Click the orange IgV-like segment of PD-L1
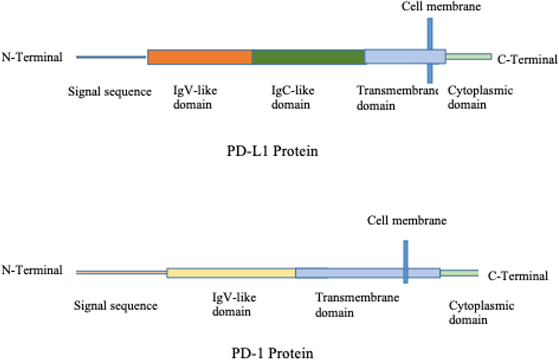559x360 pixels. click(x=200, y=57)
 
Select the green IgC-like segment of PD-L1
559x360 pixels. click(x=308, y=57)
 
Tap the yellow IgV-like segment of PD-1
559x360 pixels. click(x=231, y=273)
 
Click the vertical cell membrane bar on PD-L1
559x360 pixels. click(x=430, y=32)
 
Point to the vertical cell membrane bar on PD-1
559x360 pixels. click(x=405, y=252)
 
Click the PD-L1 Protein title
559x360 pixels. click(x=272, y=151)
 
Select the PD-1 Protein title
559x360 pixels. click(x=272, y=353)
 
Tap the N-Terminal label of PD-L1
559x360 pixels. click(x=32, y=57)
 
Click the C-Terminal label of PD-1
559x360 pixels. click(x=518, y=276)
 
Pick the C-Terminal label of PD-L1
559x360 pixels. click(x=527, y=60)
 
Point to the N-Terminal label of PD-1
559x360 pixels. click(x=32, y=270)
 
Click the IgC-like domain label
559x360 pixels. click(x=292, y=97)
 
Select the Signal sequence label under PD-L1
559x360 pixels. click(x=110, y=91)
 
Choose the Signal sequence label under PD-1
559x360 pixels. click(x=116, y=306)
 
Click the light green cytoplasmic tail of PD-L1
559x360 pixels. click(x=469, y=57)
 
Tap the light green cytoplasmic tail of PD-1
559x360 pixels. click(x=459, y=273)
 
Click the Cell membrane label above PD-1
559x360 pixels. click(x=406, y=220)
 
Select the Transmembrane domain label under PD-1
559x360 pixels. click(x=357, y=304)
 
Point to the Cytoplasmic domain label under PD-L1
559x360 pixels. click(x=480, y=97)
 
